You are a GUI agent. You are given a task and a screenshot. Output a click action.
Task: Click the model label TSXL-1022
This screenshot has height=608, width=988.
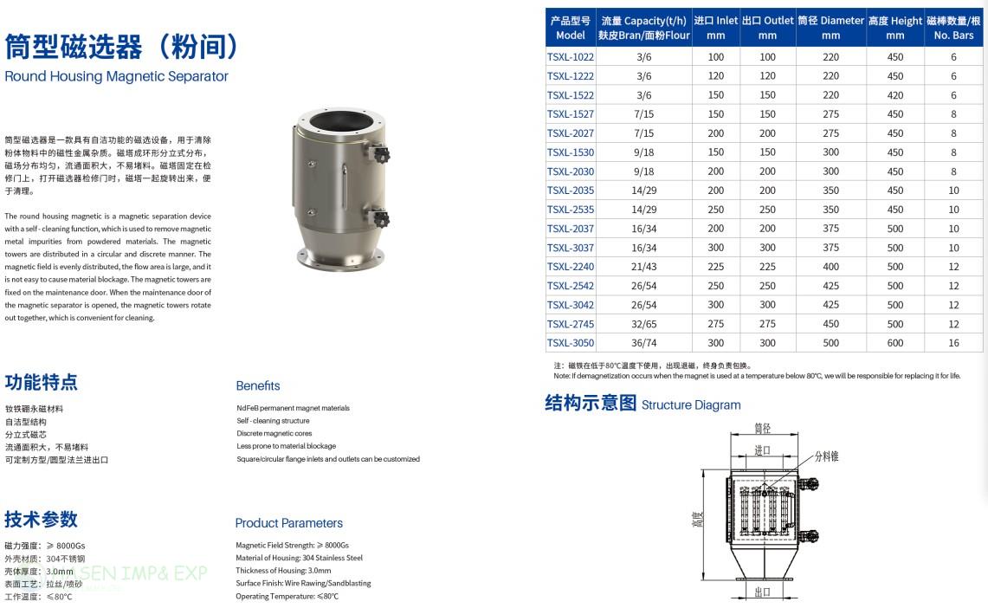[571, 57]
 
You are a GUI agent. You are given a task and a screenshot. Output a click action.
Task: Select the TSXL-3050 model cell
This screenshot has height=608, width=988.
[571, 343]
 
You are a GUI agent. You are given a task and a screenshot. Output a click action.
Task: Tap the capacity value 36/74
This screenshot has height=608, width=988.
[643, 343]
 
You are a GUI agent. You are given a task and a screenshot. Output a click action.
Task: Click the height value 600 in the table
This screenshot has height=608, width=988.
[895, 343]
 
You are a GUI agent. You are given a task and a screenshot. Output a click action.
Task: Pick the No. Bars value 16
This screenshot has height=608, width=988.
[953, 343]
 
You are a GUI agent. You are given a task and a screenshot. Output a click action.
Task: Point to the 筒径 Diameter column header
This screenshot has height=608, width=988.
[830, 28]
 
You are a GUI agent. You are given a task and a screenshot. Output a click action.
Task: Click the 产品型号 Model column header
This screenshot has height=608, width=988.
[571, 28]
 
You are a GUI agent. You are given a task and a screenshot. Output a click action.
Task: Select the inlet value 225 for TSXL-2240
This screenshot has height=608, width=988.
[715, 267]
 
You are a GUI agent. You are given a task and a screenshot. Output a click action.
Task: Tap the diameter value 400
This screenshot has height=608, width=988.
[830, 267]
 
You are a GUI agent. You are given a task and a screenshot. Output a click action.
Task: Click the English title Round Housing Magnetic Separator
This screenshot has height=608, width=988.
[116, 76]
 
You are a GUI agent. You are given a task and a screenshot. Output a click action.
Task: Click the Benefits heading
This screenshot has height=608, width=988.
[258, 385]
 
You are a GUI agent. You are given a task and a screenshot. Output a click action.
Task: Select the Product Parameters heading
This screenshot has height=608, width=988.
[288, 523]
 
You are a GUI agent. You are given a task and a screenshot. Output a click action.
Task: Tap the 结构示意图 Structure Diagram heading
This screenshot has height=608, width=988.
[643, 404]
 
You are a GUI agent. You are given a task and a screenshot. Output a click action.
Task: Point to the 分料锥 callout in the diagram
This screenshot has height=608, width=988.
[825, 456]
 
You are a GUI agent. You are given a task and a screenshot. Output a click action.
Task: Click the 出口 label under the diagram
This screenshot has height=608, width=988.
[762, 592]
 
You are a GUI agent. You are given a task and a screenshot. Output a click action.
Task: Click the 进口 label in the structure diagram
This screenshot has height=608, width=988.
[762, 450]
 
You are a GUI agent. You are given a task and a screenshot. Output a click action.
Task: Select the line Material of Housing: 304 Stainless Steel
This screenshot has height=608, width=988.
[299, 558]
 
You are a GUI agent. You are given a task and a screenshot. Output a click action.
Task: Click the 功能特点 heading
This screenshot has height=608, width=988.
[42, 382]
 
